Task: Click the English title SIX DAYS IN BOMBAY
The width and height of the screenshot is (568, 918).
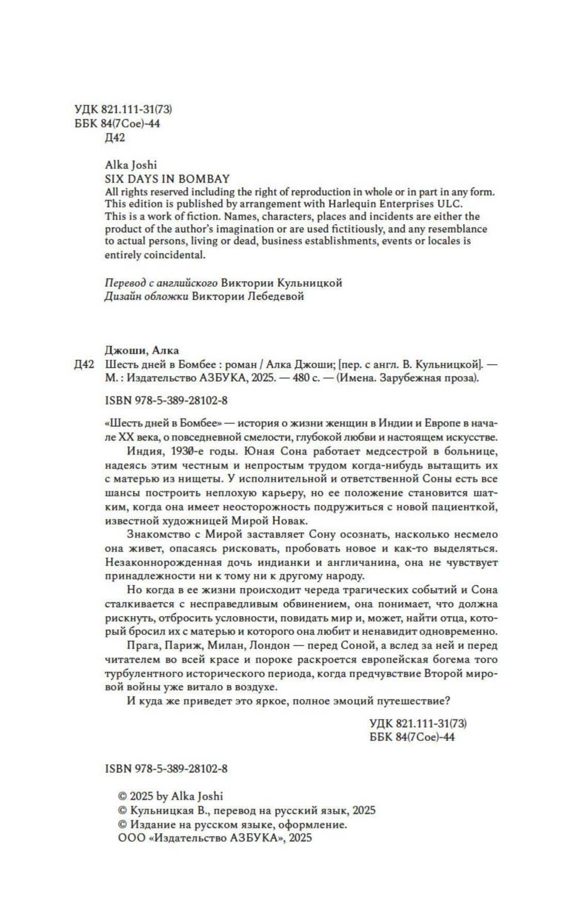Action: tap(167, 179)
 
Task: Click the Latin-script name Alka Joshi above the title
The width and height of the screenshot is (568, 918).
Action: tap(131, 165)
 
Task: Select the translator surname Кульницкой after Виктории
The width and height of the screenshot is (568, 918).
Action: tap(310, 283)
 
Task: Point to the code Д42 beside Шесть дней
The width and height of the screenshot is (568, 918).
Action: tap(84, 364)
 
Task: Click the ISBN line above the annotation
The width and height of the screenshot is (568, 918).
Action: tap(166, 400)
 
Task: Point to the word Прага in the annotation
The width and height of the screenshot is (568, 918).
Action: tap(139, 645)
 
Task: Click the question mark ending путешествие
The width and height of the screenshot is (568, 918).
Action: tap(448, 701)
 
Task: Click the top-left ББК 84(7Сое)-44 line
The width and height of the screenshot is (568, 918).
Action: tap(117, 123)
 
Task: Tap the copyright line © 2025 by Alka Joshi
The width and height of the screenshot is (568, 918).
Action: tap(171, 796)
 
